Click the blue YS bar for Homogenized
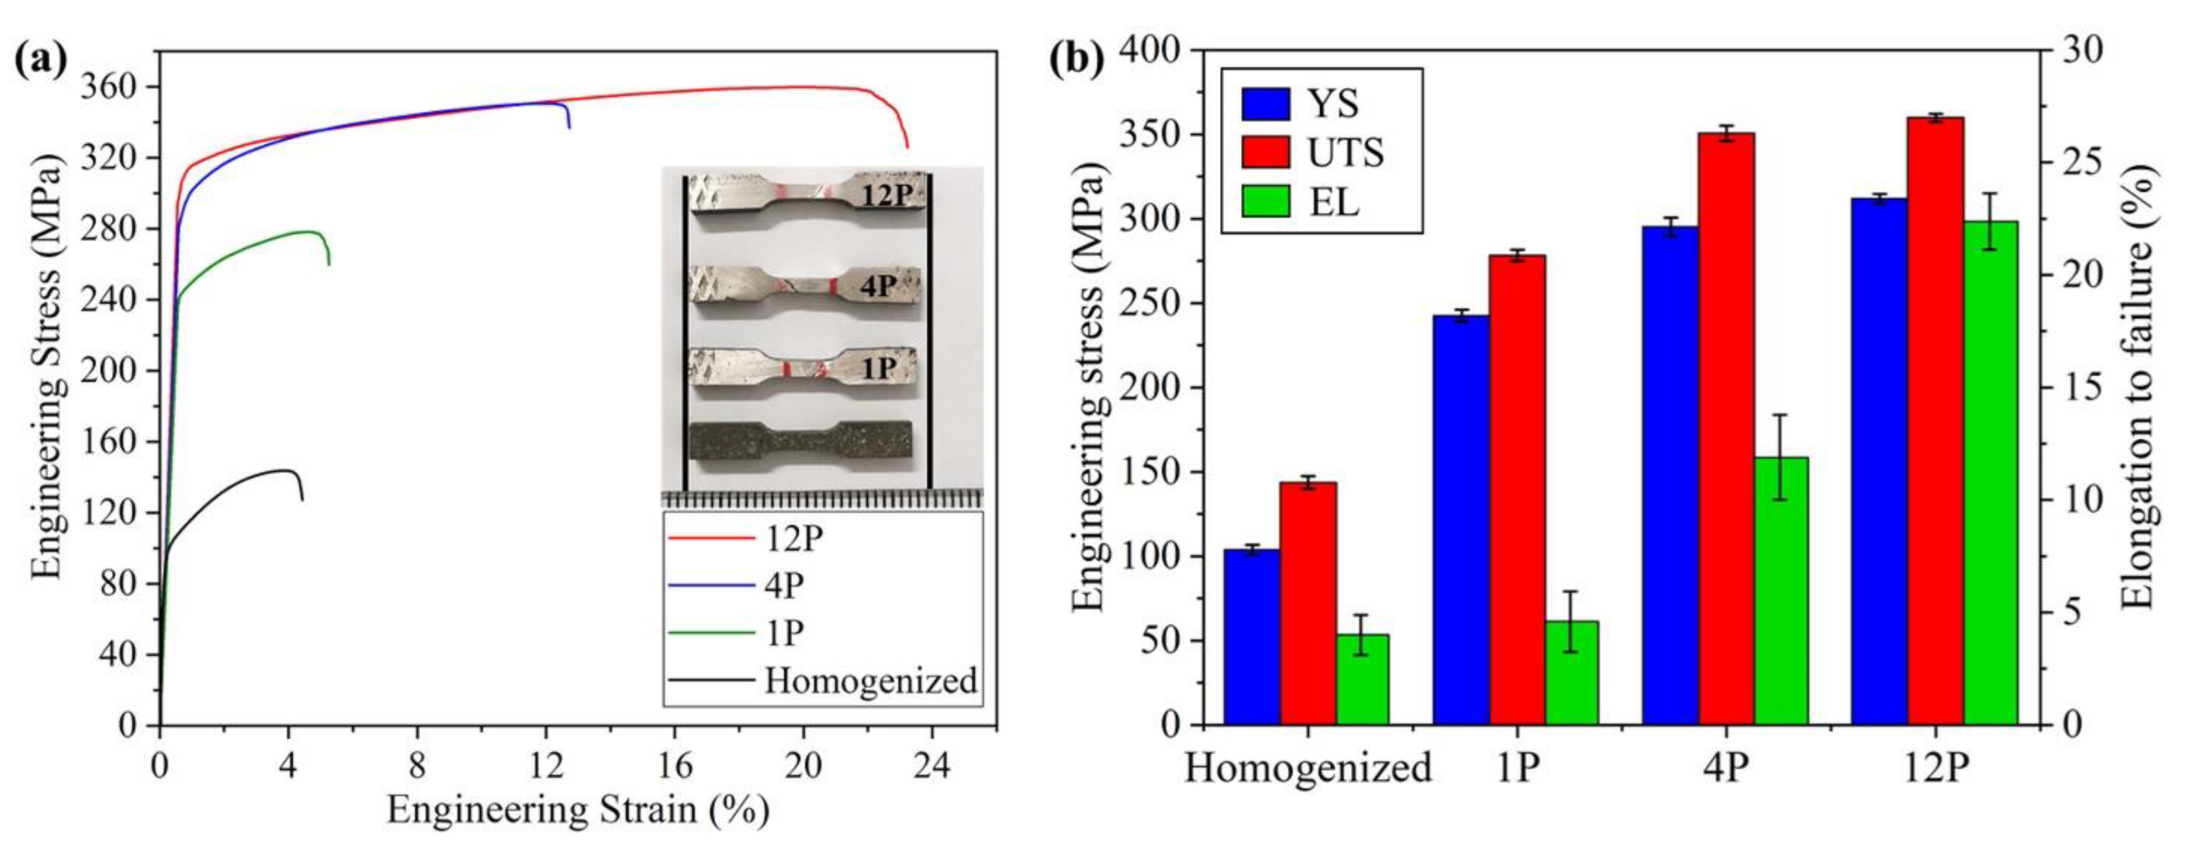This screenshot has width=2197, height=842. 1251,637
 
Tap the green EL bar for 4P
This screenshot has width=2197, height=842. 1780,591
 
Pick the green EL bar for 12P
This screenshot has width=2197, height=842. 1990,473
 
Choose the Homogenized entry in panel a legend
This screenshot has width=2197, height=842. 870,681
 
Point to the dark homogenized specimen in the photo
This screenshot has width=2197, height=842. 800,440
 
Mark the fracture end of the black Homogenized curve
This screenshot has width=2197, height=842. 302,500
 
